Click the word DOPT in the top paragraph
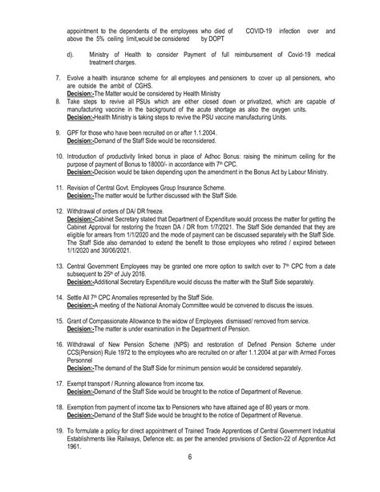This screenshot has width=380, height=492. tap(222, 38)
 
